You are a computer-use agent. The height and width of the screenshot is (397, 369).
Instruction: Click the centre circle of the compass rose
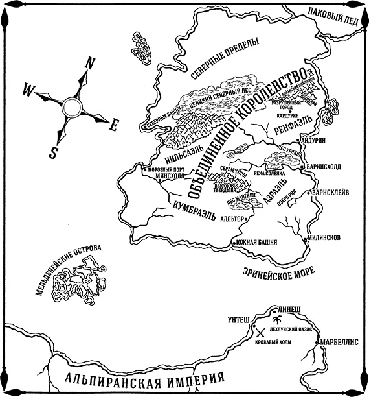click(72, 105)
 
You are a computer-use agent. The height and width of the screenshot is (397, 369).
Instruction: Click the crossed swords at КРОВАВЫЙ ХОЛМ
click(262, 331)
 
